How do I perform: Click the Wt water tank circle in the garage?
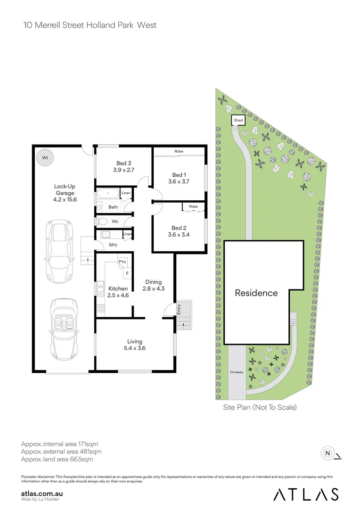coord(45,157)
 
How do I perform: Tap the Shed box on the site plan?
coord(238,121)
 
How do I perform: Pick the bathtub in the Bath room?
coord(109,193)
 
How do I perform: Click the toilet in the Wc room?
coord(103,221)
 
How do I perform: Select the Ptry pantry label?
coord(122,262)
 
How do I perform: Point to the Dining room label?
coord(154,282)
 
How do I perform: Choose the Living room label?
coord(134,341)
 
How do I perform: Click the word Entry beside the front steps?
coord(179,309)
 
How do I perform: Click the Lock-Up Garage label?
coord(65,189)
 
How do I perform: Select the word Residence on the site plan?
coord(256,293)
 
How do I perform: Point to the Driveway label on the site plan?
coord(237,372)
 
